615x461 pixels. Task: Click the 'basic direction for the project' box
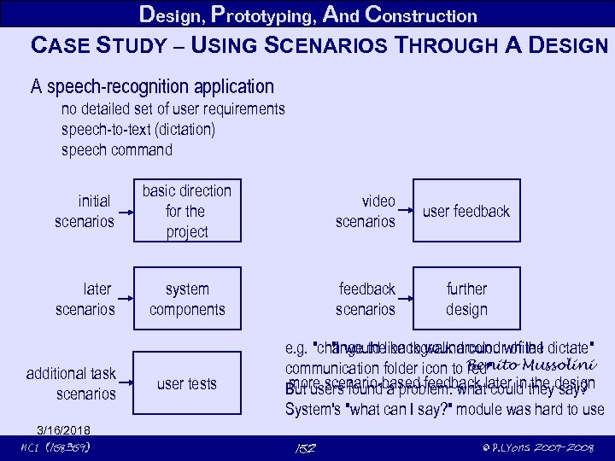[x=186, y=211]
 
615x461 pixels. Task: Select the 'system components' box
[x=186, y=299]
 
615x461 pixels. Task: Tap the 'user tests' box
[x=186, y=383]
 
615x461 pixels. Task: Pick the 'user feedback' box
[x=466, y=211]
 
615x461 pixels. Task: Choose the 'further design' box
[x=466, y=299]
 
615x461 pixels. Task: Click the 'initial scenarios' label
[x=84, y=211]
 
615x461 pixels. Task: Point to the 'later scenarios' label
[x=85, y=299]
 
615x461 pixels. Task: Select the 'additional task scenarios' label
[x=71, y=383]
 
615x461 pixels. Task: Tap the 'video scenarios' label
[x=366, y=211]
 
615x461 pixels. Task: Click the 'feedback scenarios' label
[x=366, y=299]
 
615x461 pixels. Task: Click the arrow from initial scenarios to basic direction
[x=126, y=211]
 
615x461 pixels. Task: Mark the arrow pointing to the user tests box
[x=126, y=383]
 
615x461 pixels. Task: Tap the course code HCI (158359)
[x=55, y=447]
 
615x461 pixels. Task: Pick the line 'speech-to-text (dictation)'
[x=138, y=130]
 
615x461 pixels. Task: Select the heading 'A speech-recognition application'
[x=152, y=86]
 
